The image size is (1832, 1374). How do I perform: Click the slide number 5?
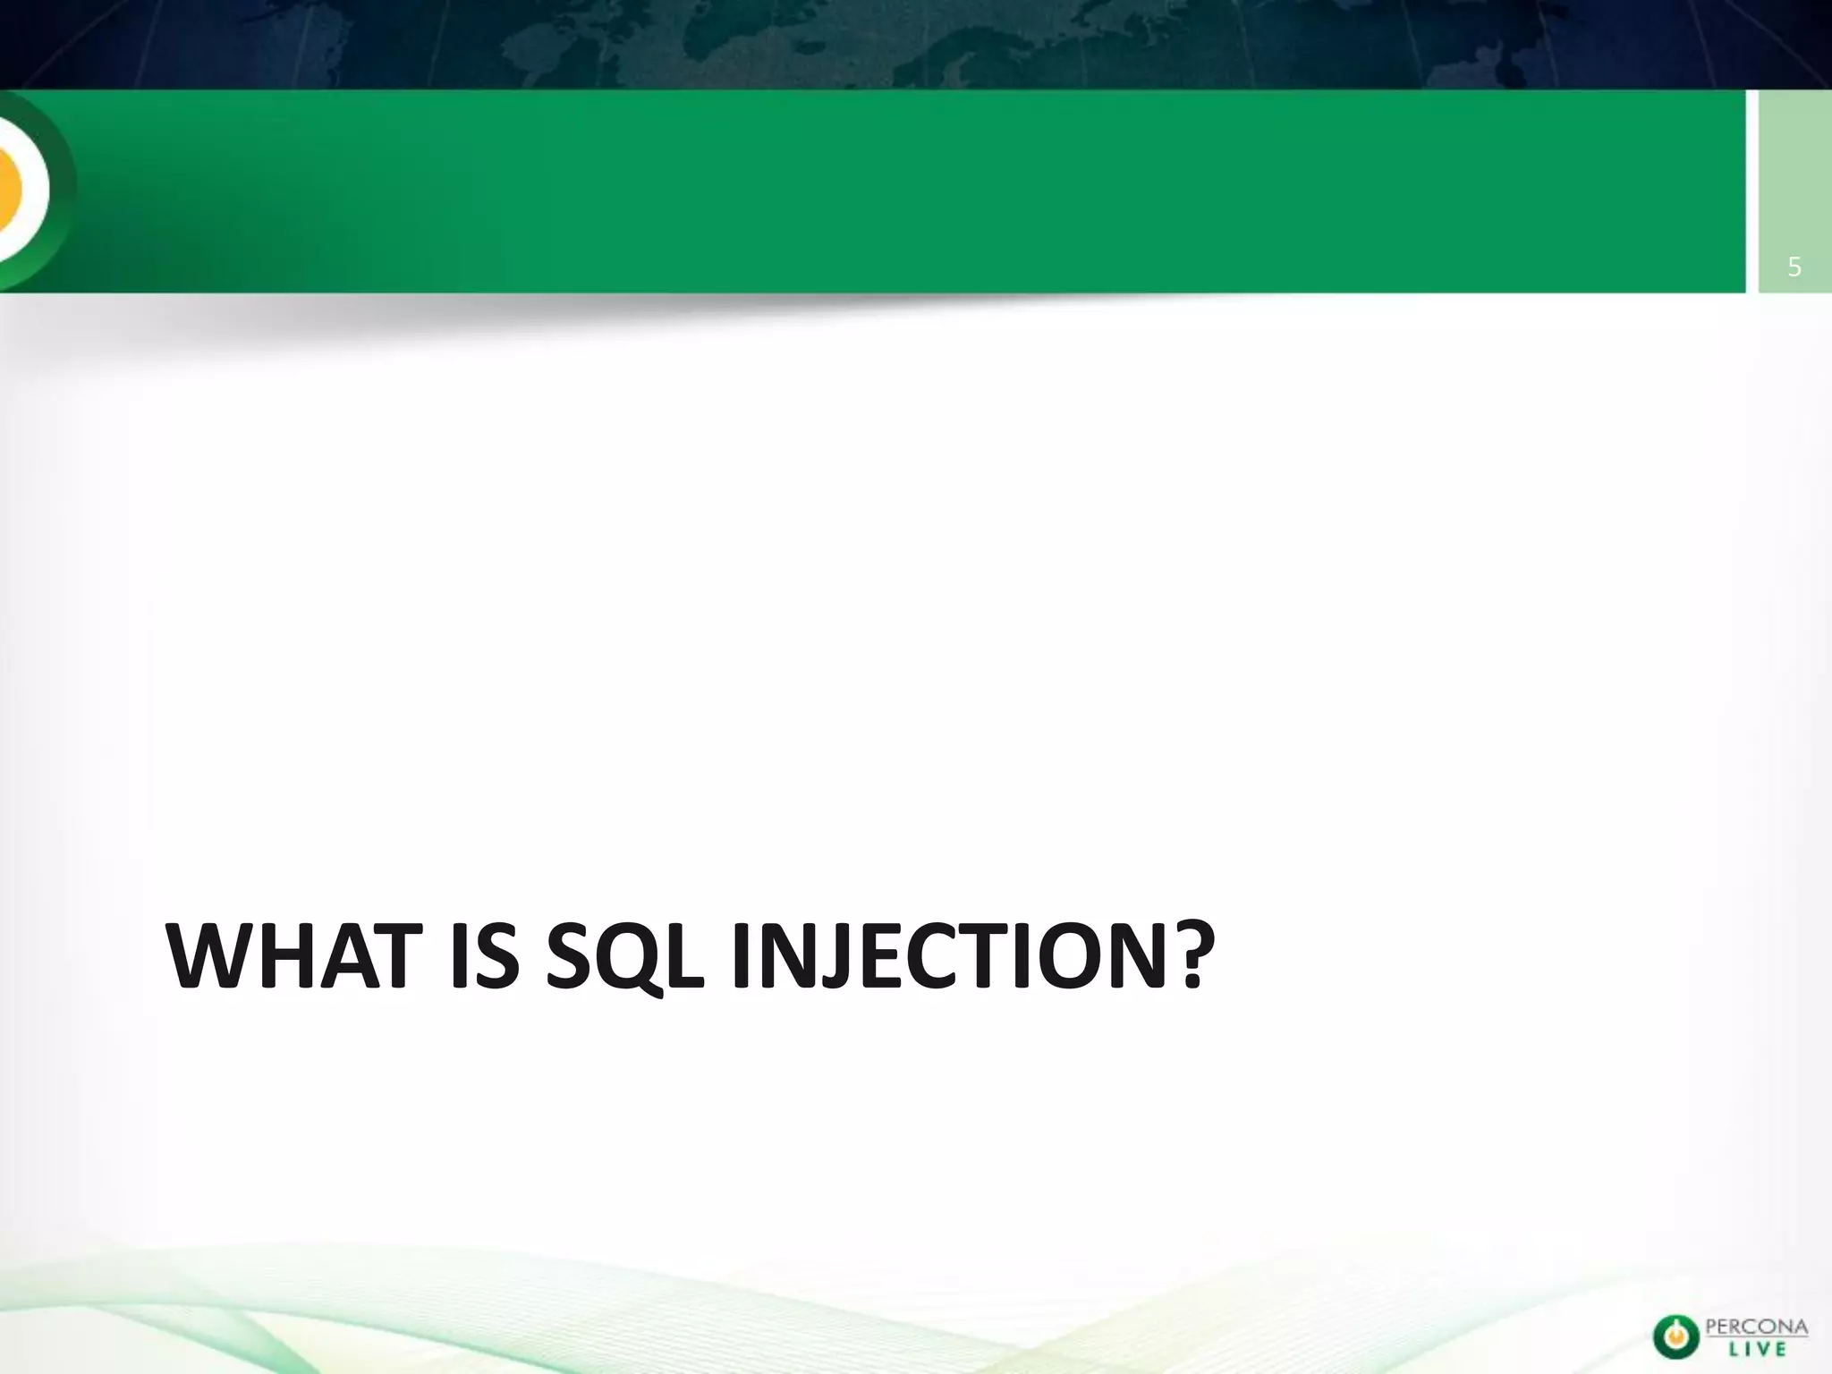1794,267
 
